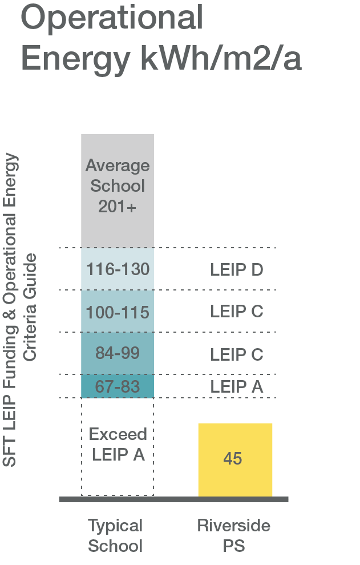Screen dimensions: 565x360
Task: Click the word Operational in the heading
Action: coord(112,17)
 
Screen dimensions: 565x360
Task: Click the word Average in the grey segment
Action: coord(118,166)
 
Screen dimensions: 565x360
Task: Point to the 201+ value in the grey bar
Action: coord(118,207)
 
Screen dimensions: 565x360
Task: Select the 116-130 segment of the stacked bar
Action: coord(118,269)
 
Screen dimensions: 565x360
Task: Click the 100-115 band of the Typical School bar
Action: coord(118,312)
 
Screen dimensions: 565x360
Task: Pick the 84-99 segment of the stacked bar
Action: coord(118,353)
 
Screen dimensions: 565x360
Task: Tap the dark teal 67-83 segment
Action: coord(118,386)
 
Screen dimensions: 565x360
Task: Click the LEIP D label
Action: coord(236,269)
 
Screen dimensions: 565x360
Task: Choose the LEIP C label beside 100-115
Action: coord(236,312)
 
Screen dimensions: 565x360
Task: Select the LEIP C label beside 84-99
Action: coord(236,354)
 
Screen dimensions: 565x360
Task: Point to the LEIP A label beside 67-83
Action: coord(236,386)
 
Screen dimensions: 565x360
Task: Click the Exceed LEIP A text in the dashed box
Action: coord(118,445)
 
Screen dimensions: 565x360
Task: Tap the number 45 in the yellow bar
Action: coord(233,459)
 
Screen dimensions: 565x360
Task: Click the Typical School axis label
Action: coord(115,535)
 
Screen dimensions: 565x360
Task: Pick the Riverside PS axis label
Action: coord(234,535)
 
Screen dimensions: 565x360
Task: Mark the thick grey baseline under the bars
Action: coord(173,499)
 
